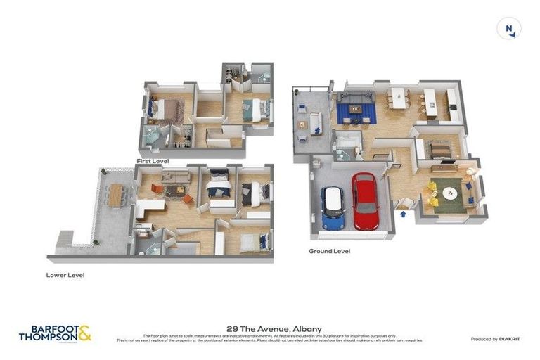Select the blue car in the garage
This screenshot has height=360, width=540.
[332, 209]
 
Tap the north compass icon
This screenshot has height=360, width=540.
[508, 29]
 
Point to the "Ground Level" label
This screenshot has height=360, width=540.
[329, 251]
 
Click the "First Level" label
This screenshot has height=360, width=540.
[153, 161]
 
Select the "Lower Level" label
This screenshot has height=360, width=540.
[65, 275]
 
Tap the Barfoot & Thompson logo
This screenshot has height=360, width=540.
[55, 333]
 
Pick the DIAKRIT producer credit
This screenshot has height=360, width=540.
[496, 339]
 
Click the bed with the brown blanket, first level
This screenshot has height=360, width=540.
[167, 110]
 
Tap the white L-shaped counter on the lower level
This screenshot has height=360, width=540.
[147, 206]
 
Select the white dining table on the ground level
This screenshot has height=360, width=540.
[399, 98]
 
